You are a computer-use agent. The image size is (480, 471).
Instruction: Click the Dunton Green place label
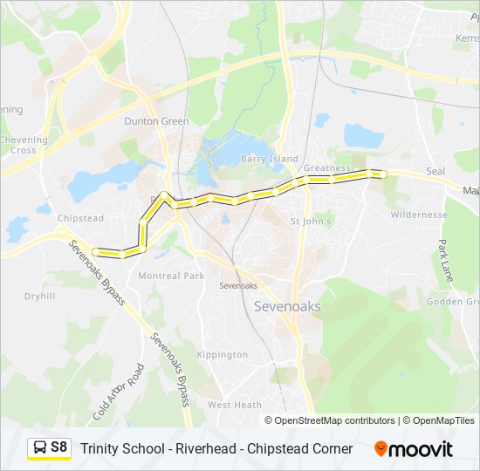156,121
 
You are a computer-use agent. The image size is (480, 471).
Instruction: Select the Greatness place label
326,167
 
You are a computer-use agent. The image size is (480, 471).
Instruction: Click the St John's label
311,222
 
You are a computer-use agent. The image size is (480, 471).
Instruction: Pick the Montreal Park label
171,276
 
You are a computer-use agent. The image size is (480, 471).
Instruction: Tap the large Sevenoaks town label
286,306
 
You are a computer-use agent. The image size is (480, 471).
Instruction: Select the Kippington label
223,355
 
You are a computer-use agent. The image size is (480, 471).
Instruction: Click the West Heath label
235,405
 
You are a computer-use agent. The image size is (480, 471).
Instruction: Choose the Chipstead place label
80,218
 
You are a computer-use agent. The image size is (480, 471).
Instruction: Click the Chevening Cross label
18,145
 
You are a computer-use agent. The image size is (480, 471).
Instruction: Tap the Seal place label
435,171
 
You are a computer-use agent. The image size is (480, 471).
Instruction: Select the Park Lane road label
447,260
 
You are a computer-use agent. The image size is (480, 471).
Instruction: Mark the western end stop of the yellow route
95,253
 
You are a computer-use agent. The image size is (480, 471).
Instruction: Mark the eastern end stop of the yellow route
382,174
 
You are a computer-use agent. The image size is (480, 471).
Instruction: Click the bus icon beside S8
39,448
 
